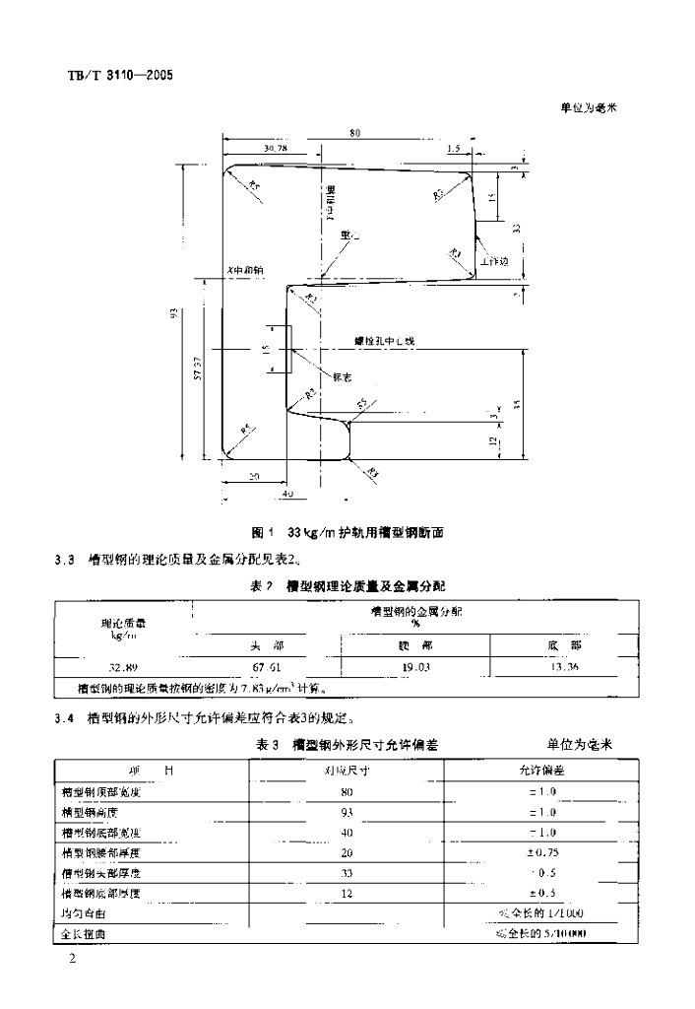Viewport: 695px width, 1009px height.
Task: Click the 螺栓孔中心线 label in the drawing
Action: click(387, 341)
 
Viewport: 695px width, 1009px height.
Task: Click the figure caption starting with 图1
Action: click(348, 533)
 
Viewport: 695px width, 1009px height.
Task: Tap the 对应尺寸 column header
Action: click(347, 771)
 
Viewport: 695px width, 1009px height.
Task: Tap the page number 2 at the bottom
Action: click(72, 958)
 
